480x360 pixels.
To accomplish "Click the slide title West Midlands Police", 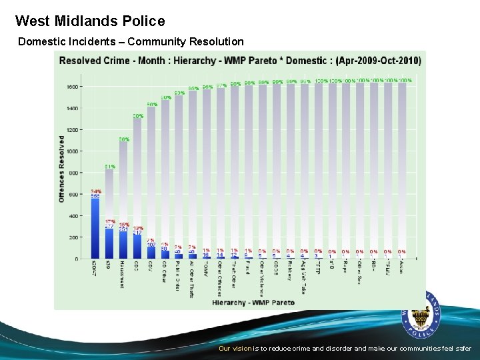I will [x=90, y=21].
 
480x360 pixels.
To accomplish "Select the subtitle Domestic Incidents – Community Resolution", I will [x=131, y=42].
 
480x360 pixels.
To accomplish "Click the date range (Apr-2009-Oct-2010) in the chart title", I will [x=378, y=61].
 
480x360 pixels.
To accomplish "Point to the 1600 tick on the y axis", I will [x=72, y=87].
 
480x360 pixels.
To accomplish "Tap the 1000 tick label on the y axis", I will [x=72, y=151].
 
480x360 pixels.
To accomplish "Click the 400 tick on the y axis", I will [x=73, y=216].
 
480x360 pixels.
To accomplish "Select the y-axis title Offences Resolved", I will [x=61, y=169].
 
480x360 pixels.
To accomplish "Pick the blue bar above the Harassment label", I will [x=123, y=245].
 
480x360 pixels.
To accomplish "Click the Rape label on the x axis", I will [x=345, y=269].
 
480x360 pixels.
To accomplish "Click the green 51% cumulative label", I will [x=110, y=167].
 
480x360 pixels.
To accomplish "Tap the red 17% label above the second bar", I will [x=109, y=221].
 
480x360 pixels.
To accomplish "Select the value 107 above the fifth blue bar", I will [x=151, y=245].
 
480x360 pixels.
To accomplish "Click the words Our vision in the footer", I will [x=235, y=348].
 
